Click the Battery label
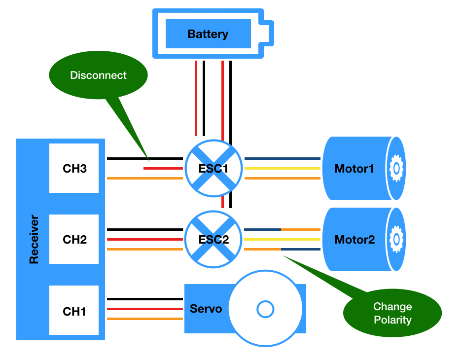pos(208,34)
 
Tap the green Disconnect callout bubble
pos(98,75)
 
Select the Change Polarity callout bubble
pos(392,313)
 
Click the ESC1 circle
pos(213,168)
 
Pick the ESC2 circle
pos(213,239)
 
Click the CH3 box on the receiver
pos(74,168)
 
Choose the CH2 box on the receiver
pos(74,240)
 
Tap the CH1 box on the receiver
pos(74,311)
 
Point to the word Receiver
pos(34,239)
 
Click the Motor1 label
pos(354,169)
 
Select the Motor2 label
pos(354,240)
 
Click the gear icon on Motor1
pos(395,169)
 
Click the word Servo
pos(206,309)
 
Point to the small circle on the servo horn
pos(265,310)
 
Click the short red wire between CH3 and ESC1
pos(163,169)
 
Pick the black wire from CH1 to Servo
pos(145,299)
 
